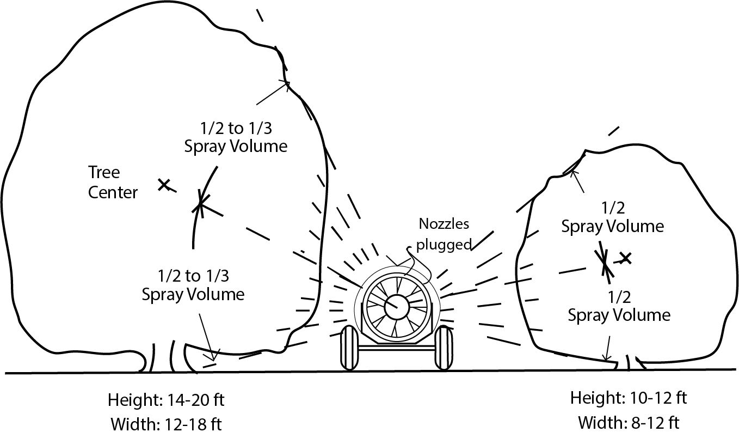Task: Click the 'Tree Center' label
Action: pyautogui.click(x=113, y=182)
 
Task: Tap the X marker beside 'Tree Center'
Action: pyautogui.click(x=163, y=185)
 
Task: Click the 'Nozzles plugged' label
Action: pyautogui.click(x=444, y=234)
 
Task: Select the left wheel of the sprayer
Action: pyautogui.click(x=349, y=349)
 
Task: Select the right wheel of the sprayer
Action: pyautogui.click(x=444, y=349)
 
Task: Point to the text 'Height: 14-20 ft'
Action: pyautogui.click(x=166, y=400)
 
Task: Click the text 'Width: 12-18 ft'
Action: pyautogui.click(x=166, y=423)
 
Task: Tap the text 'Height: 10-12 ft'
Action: pyautogui.click(x=629, y=398)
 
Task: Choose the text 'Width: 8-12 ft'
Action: pyautogui.click(x=629, y=422)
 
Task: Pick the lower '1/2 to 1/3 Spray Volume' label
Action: pyautogui.click(x=193, y=285)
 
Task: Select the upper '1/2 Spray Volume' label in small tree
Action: pyautogui.click(x=612, y=217)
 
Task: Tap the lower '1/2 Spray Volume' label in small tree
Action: pyautogui.click(x=619, y=306)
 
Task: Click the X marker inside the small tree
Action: pyautogui.click(x=626, y=258)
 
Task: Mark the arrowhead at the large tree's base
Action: pyautogui.click(x=213, y=357)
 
